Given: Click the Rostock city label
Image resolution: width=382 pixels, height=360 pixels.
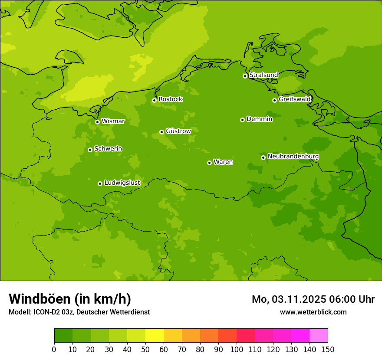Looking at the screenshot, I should pos(170,99).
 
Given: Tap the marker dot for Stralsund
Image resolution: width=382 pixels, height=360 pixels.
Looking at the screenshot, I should pos(245,76).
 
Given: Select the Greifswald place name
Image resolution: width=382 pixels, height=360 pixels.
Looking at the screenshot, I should pos(294,99).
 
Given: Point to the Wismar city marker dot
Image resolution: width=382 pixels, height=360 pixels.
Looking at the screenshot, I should pos(97,122).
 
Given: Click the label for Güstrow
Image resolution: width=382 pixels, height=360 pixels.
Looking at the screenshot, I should pos(178,131).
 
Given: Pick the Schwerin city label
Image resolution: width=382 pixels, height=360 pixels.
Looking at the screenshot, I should pos(108,149).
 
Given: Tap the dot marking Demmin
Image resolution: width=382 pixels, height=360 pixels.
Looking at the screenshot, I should pos(242,120).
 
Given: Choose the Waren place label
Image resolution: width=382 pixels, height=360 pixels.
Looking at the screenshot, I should pos(223,162).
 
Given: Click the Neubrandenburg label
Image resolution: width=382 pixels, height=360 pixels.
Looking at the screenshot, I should pos(293,157).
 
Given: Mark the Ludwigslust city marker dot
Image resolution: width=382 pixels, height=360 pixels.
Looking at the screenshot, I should pos(100,183).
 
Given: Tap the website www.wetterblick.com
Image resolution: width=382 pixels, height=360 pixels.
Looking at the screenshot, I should pos(313,312).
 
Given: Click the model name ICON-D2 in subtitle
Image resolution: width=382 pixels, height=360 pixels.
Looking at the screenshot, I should pos(46,312).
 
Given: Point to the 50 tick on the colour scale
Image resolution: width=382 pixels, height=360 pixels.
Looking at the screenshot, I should pos(145,349).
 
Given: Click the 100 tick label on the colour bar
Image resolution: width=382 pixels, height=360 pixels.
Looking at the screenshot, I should pos(237,349).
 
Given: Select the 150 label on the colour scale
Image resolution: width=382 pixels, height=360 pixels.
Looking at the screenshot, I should pos(328,349).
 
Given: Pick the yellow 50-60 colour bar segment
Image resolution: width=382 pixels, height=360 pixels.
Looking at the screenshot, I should pos(155,336).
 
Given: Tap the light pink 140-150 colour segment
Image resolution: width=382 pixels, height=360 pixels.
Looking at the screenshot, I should pos(319,336).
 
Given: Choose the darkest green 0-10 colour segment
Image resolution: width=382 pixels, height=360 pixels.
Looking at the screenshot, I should pos(63,336).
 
